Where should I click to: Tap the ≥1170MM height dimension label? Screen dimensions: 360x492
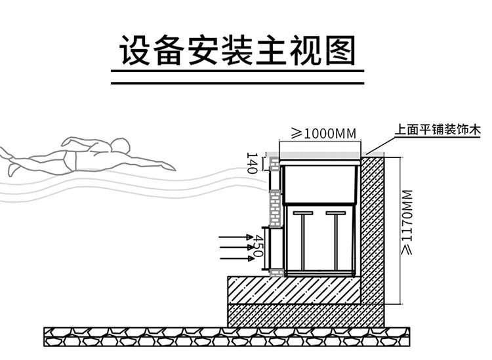pyautogui.click(x=407, y=223)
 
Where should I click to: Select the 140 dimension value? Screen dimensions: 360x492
pyautogui.click(x=251, y=163)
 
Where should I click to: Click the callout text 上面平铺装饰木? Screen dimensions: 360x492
pyautogui.click(x=438, y=130)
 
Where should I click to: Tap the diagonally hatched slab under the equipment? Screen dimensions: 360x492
pyautogui.click(x=295, y=289)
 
